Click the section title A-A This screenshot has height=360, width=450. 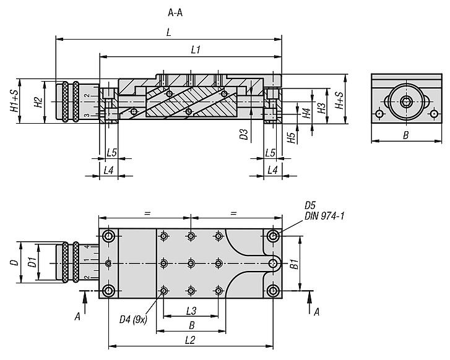pos(176,12)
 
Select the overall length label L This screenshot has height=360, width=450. pos(168,33)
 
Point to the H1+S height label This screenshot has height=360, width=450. pos(15,101)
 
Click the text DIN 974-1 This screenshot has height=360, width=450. pos(324,216)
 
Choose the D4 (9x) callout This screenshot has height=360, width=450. pos(132,319)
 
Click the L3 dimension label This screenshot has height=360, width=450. pos(191,310)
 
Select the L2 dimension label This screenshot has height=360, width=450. pos(191,339)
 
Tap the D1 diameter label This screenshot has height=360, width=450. pos(32,263)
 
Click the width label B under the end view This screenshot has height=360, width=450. pos(405,135)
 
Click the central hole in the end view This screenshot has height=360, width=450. pos(405,101)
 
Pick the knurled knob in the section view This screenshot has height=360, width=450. pos(68,101)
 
